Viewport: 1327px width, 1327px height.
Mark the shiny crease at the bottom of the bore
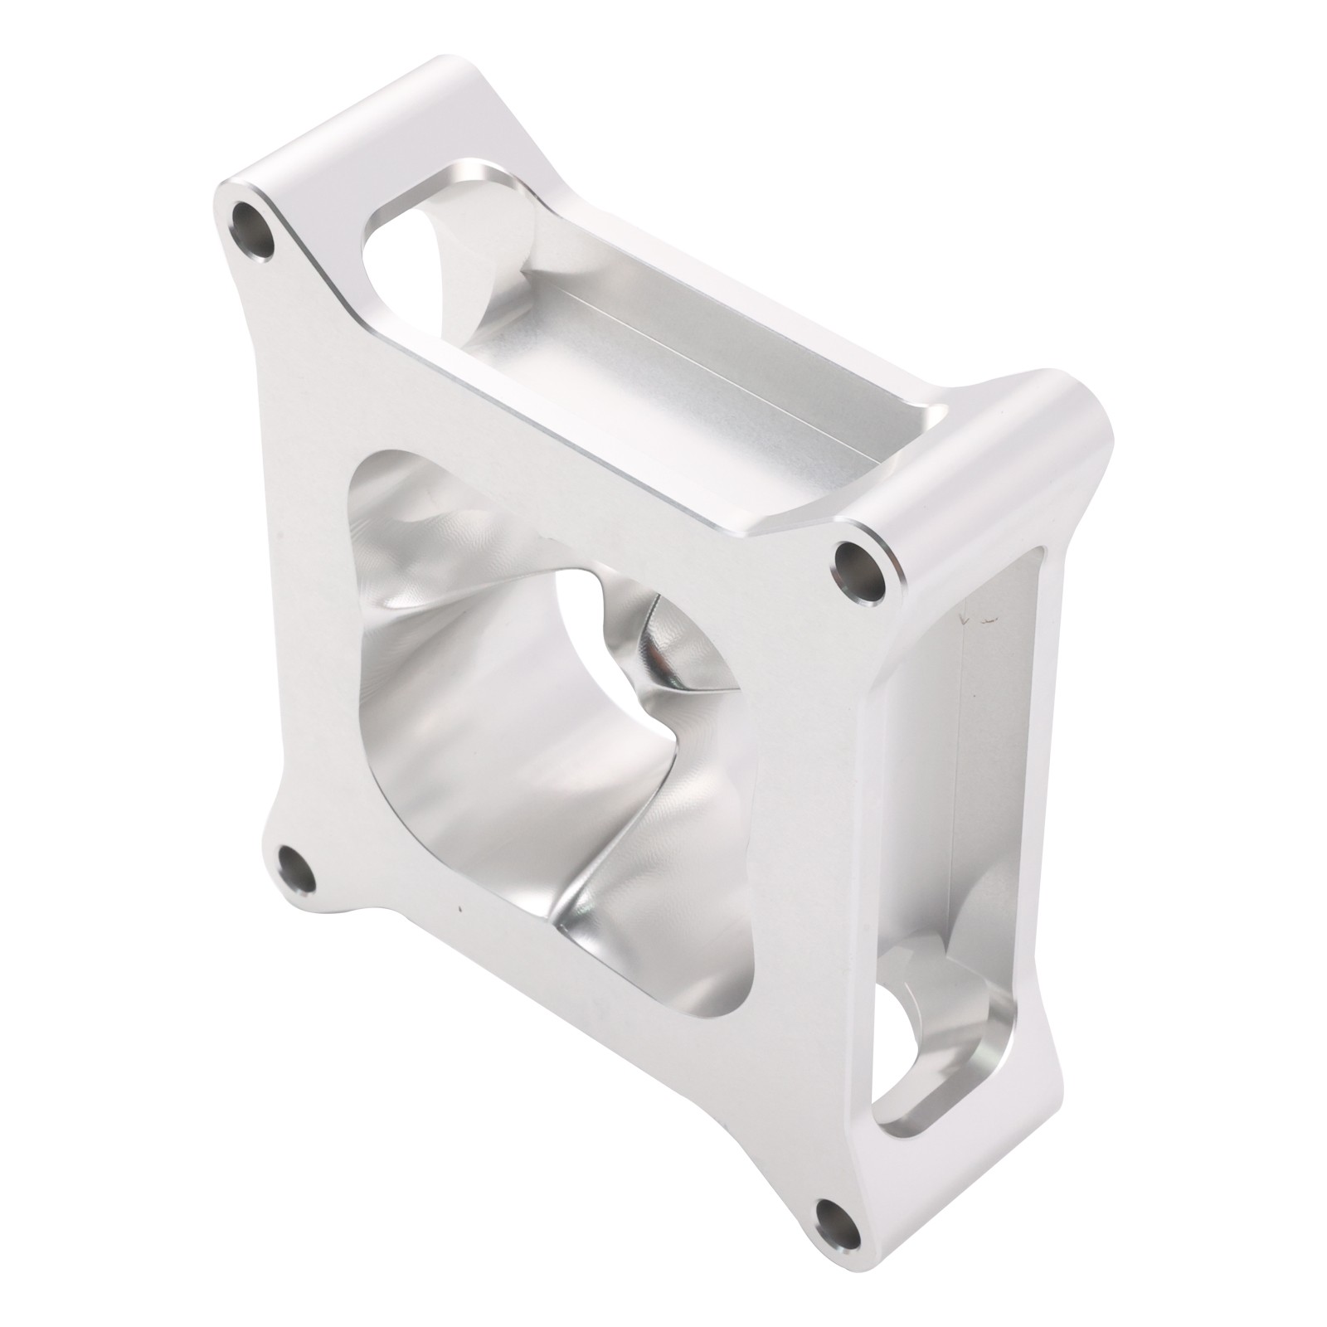[x=581, y=921]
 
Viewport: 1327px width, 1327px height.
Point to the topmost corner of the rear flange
[x=448, y=66]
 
